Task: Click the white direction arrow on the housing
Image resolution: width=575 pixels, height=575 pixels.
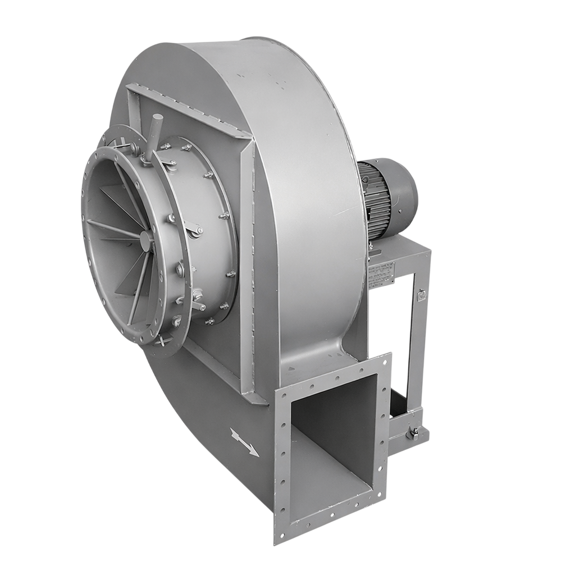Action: click(244, 441)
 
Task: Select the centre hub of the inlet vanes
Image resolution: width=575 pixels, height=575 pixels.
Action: click(147, 241)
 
